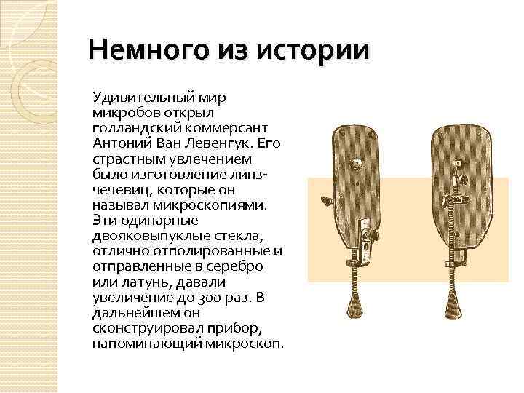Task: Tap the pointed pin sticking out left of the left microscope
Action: point(324,197)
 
